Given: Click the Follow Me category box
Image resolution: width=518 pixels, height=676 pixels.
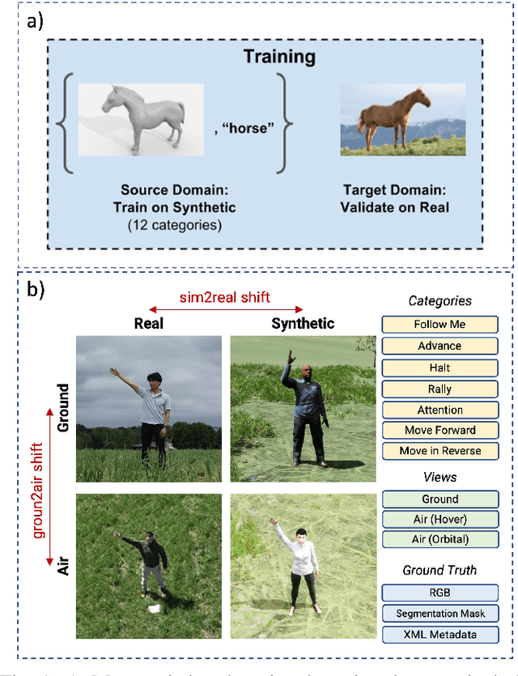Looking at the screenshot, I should (439, 325).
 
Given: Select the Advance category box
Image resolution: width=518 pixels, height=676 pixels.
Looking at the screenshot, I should (439, 346).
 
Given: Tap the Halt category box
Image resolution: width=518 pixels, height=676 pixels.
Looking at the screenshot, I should (439, 367).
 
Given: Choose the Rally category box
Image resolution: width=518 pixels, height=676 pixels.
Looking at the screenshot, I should (439, 389).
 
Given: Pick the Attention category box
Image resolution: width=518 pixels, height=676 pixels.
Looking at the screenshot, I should (439, 410).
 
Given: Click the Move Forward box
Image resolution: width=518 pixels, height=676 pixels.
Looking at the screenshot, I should (439, 430).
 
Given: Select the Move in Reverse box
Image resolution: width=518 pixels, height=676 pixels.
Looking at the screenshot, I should (439, 451).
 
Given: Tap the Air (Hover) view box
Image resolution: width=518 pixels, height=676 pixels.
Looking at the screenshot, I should (439, 520).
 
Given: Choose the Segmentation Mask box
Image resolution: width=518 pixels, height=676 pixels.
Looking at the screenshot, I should (439, 614).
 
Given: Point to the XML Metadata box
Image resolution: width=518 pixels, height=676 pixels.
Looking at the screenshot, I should (439, 636).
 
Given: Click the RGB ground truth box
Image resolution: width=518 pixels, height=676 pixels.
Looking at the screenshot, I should (439, 593).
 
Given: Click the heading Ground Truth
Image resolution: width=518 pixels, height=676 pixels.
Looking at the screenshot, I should (439, 570).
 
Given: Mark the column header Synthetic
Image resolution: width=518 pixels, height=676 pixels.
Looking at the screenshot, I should (302, 322).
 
